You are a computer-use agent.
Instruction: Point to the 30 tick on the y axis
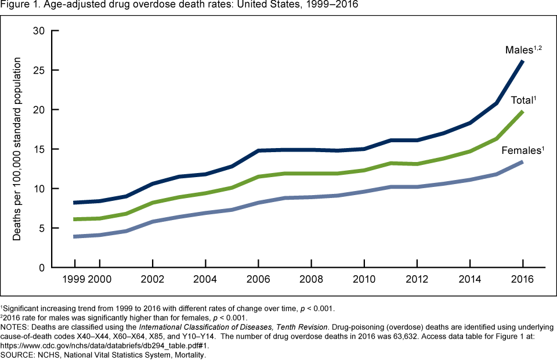(39, 31)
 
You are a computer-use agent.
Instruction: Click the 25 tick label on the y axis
(39, 70)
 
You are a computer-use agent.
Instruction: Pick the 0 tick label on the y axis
(42, 268)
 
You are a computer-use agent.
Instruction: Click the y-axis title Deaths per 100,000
(19, 149)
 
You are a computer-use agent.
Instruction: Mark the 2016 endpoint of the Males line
(523, 61)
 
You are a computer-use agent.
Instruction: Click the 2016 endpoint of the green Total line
(523, 111)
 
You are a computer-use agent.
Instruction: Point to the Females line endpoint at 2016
(523, 162)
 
